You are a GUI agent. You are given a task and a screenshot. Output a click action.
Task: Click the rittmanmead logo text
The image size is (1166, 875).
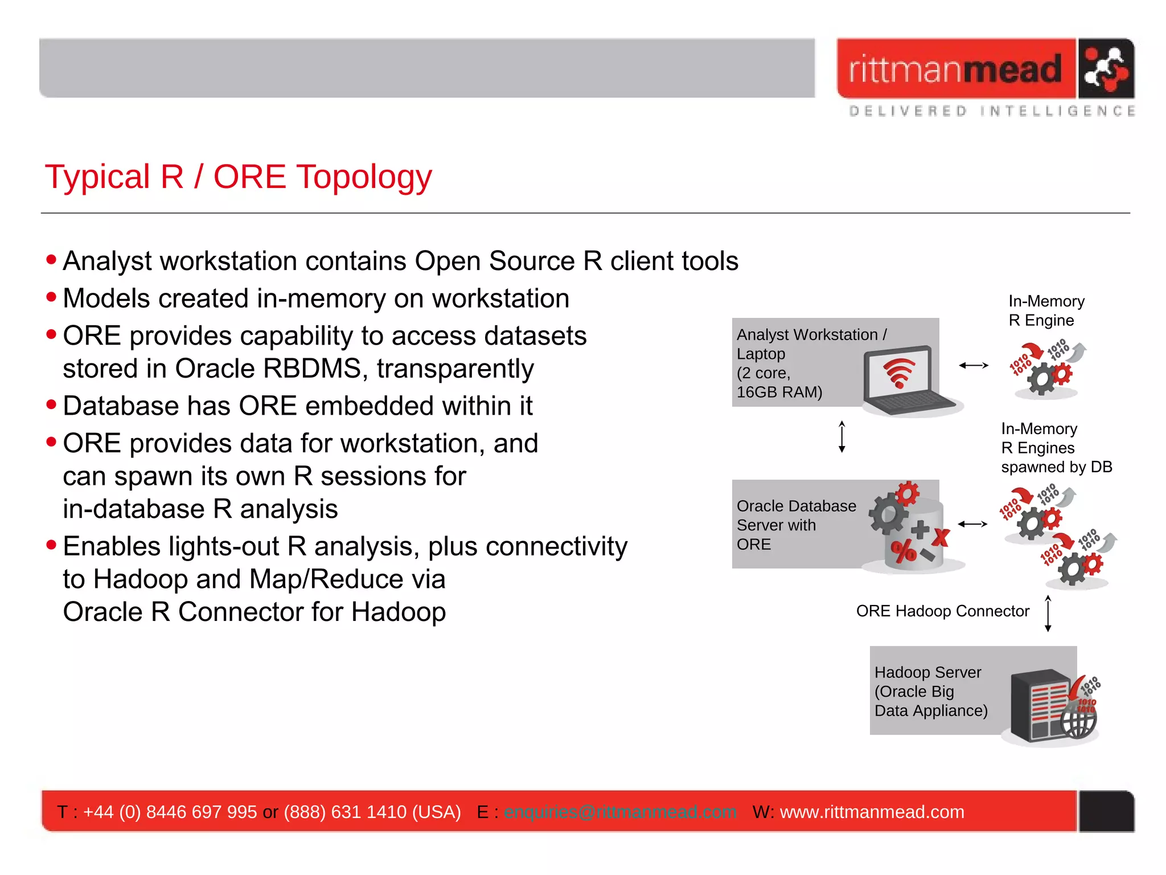(955, 69)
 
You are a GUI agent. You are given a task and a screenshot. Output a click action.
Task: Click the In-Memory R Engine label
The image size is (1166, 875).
(1046, 310)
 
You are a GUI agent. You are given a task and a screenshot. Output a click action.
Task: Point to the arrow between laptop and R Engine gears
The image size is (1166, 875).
(974, 365)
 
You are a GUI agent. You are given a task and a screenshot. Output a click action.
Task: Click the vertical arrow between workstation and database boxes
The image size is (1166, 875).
(842, 437)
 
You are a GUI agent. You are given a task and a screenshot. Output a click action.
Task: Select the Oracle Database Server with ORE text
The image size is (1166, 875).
(795, 525)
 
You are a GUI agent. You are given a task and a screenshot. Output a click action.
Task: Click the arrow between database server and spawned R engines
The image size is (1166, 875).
(972, 524)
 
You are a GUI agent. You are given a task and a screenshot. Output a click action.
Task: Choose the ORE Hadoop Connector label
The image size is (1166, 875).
(942, 611)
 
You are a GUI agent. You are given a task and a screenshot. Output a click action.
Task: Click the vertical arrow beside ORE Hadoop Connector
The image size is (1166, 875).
(1048, 614)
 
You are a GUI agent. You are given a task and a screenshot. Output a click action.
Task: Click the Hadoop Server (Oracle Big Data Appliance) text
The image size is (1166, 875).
(930, 692)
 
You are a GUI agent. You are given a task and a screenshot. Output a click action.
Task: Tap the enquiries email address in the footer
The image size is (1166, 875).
(619, 812)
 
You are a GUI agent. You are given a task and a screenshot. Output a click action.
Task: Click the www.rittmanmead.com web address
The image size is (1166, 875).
(872, 812)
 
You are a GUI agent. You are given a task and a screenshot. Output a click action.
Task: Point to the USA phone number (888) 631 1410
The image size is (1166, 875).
(372, 812)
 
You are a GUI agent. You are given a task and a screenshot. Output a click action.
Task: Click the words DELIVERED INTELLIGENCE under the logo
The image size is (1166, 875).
(992, 111)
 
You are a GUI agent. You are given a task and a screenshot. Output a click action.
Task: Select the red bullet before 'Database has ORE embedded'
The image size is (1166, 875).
(52, 405)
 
